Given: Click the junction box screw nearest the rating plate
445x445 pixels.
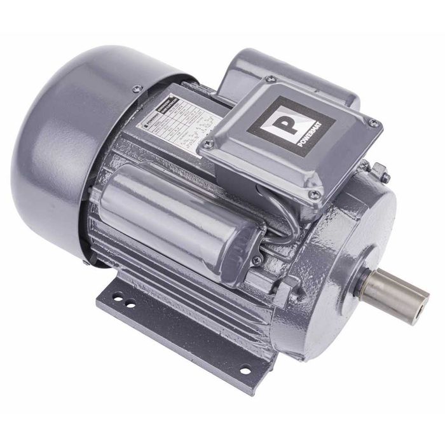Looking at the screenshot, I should (x=207, y=144).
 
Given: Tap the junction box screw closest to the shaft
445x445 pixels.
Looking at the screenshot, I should (x=313, y=193).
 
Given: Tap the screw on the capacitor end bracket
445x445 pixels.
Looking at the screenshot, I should (x=256, y=260).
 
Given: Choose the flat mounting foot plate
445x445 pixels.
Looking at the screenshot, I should (x=178, y=331).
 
